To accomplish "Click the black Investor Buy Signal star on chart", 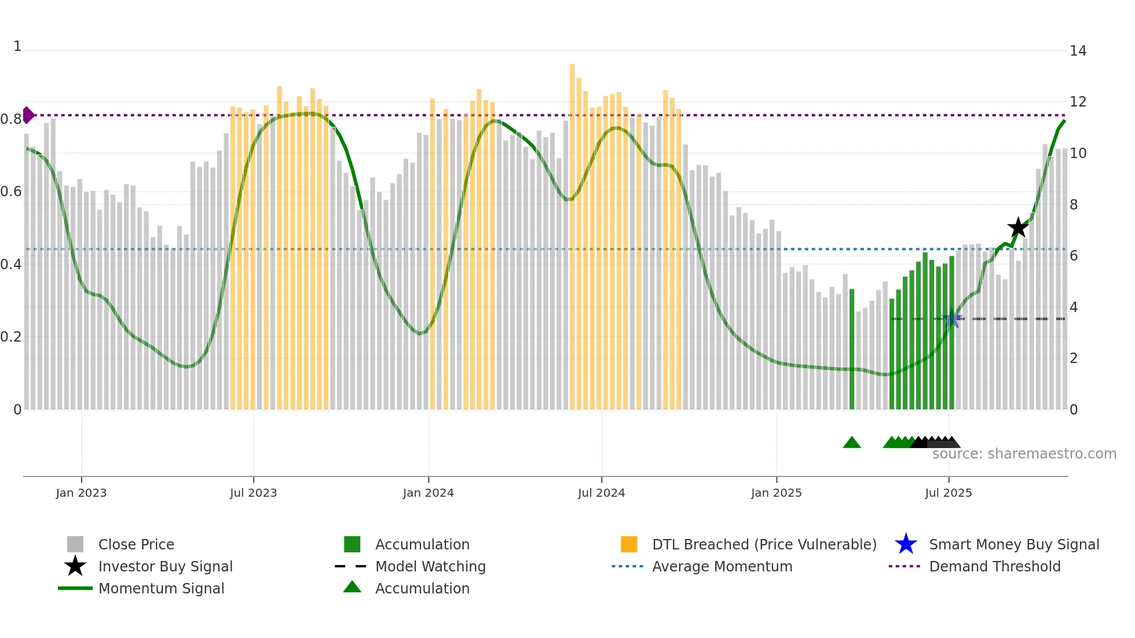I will click(x=1017, y=228).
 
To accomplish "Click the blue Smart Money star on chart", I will click(x=951, y=318).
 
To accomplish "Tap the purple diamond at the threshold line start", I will click(x=28, y=115).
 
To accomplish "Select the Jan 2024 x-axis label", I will click(x=428, y=493).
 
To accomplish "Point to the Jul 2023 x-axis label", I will click(x=253, y=493).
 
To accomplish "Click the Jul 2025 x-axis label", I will click(x=948, y=493).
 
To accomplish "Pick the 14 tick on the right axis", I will click(x=1078, y=51).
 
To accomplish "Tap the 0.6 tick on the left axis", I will click(x=10, y=192).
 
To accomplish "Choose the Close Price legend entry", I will click(x=136, y=544).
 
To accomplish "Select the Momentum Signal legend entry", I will click(x=161, y=588).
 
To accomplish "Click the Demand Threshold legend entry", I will click(x=994, y=566).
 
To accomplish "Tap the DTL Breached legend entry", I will click(x=764, y=544).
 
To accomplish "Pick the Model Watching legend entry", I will click(x=430, y=566).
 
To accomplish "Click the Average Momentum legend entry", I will click(x=722, y=566).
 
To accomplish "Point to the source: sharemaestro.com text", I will click(x=1024, y=454).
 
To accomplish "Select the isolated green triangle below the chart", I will click(x=851, y=442).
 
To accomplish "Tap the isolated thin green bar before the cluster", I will click(x=851, y=347).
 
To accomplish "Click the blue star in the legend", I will click(x=906, y=544).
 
